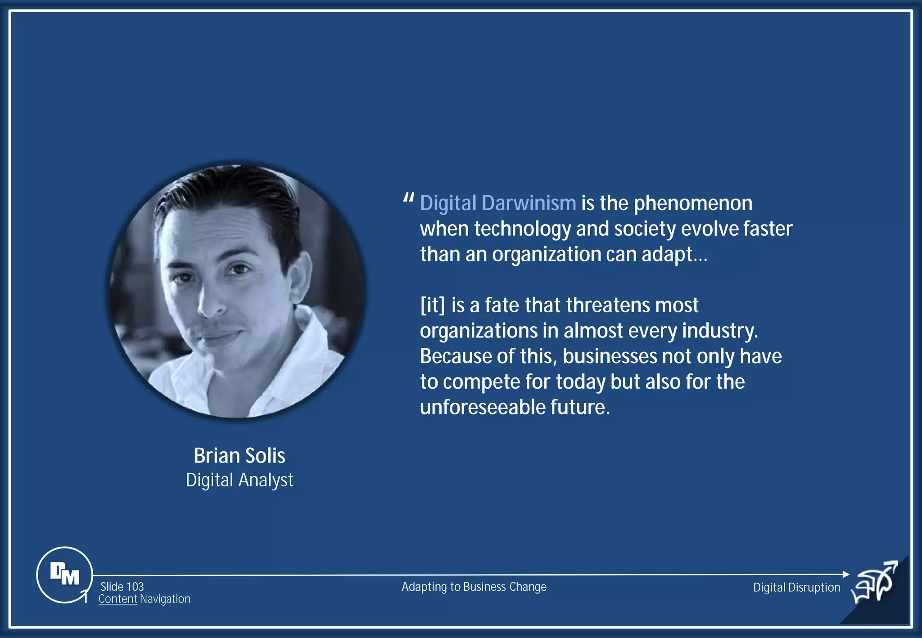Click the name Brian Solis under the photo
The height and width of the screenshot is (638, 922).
239,455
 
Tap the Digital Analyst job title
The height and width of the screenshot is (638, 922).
239,480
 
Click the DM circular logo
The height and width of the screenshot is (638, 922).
64,575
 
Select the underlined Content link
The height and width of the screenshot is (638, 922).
118,599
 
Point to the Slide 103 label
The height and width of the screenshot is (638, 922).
122,587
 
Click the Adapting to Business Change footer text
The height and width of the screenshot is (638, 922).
474,587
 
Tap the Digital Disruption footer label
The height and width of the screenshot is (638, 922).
796,587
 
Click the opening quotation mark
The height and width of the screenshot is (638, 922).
408,198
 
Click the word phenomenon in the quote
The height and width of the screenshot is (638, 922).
693,203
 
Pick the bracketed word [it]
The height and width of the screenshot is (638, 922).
432,305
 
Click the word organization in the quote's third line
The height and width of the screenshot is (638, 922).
546,254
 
